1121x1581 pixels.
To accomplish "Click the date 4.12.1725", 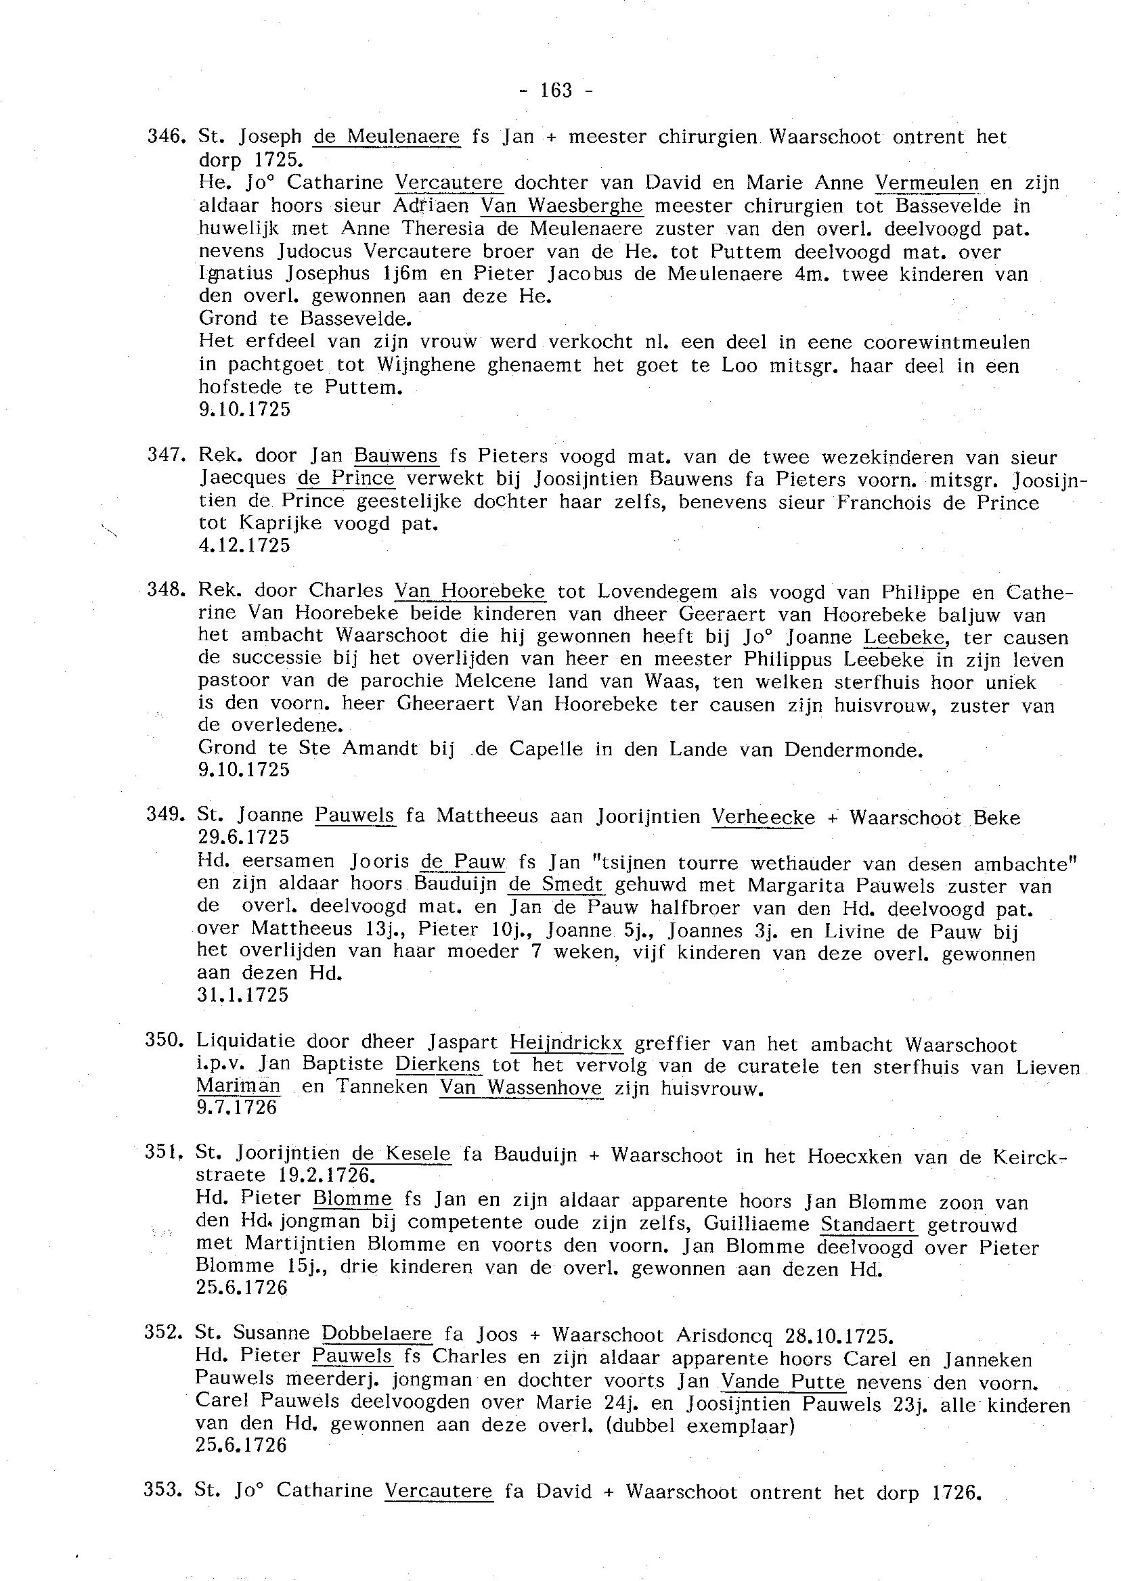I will click(244, 545).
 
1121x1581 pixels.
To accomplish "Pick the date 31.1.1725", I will click(243, 995).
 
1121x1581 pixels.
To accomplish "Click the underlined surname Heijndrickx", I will click(566, 1042).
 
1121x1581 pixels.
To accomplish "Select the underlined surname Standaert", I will click(868, 1225).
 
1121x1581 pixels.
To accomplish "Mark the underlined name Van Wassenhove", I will click(521, 1088).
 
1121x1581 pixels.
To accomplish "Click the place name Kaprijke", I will click(280, 523).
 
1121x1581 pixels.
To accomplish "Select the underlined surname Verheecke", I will click(763, 818).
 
